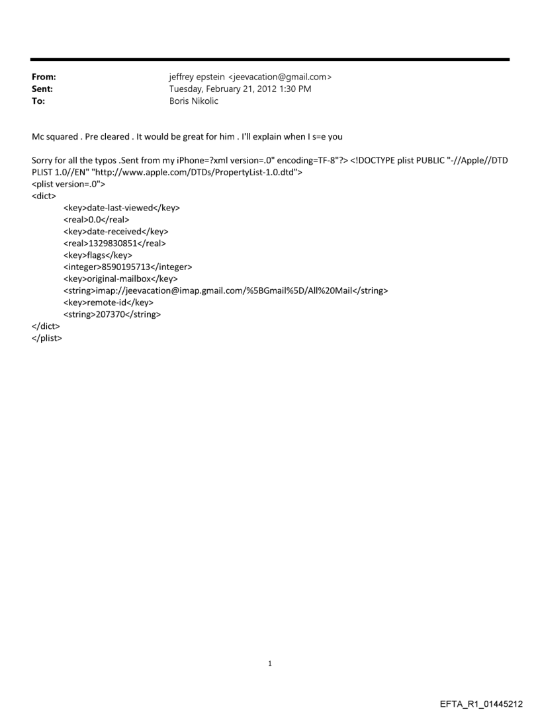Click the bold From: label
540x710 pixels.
pyautogui.click(x=42, y=77)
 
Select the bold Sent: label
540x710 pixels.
pyautogui.click(x=41, y=89)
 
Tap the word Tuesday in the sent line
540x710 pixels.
pyautogui.click(x=187, y=89)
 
